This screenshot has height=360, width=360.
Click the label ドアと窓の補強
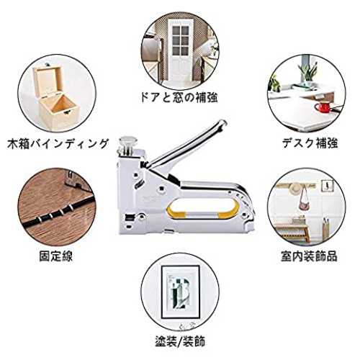(179, 98)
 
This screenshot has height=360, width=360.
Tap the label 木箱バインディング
(58, 143)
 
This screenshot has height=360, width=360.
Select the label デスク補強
(310, 143)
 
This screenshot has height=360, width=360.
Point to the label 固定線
(55, 256)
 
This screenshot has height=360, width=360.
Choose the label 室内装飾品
(309, 256)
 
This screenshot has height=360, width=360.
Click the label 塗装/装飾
(180, 341)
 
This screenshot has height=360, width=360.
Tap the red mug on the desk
(323, 107)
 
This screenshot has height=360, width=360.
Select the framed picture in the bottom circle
(180, 292)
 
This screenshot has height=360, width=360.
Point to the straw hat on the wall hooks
(295, 188)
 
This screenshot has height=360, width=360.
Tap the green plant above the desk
(308, 70)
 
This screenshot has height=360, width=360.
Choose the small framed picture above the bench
(328, 186)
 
